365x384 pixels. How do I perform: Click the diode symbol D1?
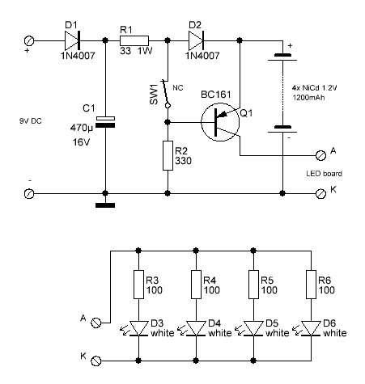coord(72,40)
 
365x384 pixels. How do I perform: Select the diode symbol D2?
coord(196,40)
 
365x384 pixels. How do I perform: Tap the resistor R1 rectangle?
coord(134,40)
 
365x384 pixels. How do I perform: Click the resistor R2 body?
coord(168,155)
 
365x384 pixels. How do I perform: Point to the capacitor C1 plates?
coord(105,122)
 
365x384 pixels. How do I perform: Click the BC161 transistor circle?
coord(220,122)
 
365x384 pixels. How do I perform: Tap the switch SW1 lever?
coord(165,92)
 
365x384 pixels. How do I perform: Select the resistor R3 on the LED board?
coord(138,285)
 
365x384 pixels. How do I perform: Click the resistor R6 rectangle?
coord(311,285)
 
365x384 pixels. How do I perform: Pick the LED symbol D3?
coord(138,328)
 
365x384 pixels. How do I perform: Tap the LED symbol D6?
coord(311,328)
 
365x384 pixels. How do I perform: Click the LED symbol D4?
coord(196,328)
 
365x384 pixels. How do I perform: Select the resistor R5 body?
coord(253,285)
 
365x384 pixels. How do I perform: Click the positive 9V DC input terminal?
coord(29,41)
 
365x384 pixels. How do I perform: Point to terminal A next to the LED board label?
coord(320,155)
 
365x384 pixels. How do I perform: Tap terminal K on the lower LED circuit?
coord(96,361)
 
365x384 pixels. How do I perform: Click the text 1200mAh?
coord(308,97)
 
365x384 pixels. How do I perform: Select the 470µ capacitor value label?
coord(82,128)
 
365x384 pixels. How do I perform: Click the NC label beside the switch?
coord(178,88)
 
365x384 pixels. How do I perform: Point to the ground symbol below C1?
coord(105,205)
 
